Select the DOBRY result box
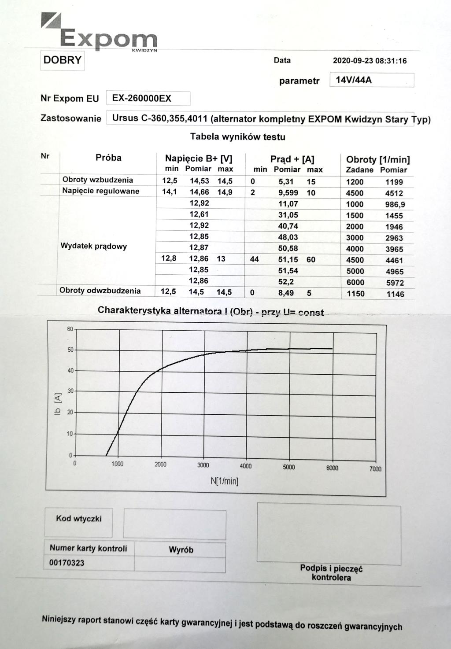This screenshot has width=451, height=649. [x=63, y=60]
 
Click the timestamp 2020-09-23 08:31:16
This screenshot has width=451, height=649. [x=370, y=61]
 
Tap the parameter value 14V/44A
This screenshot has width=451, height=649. [x=354, y=80]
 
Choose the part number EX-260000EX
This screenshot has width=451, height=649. [x=141, y=99]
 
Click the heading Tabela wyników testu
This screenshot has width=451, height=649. [x=237, y=137]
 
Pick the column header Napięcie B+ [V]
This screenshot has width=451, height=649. [x=199, y=159]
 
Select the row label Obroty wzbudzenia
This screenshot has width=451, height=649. [x=98, y=180]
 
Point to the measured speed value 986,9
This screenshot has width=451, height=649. [x=395, y=205]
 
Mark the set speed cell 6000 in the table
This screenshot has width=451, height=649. [x=355, y=282]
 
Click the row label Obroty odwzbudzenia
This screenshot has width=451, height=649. [x=100, y=291]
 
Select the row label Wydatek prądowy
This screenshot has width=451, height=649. [x=93, y=246]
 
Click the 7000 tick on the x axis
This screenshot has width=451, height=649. [x=375, y=469]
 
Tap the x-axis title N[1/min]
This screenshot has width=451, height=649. [x=224, y=481]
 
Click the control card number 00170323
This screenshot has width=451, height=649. [x=67, y=563]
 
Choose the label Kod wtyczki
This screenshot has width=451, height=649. [x=78, y=519]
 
